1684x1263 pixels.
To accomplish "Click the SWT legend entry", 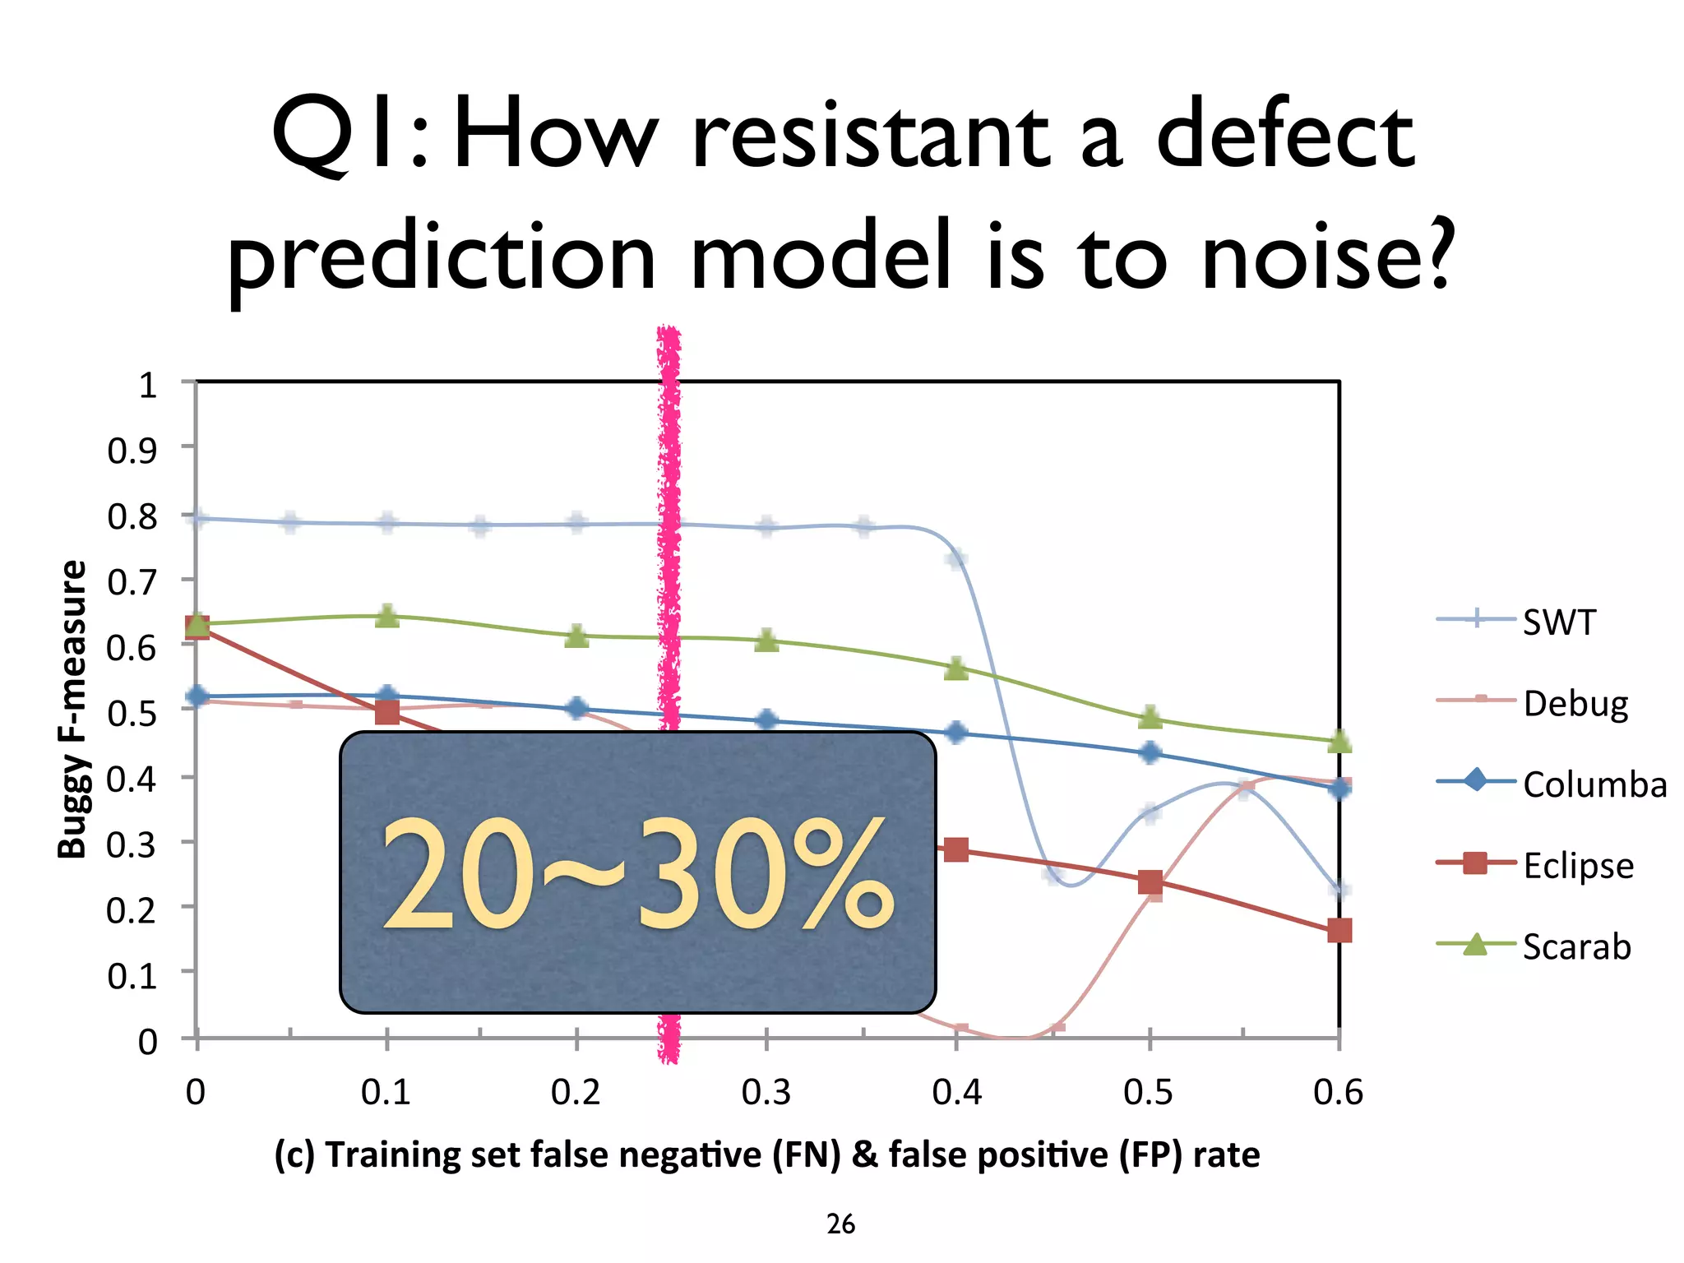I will (x=1558, y=622).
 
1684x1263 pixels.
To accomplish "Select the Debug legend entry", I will (x=1575, y=704).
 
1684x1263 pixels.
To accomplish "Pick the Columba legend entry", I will (x=1594, y=784).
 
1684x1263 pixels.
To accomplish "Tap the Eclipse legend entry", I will (x=1577, y=866).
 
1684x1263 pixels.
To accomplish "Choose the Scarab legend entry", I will (x=1575, y=946).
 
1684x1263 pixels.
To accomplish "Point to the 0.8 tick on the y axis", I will (x=132, y=516).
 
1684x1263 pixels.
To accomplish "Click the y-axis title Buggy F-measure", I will (x=72, y=710).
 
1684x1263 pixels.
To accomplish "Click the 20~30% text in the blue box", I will (x=637, y=874).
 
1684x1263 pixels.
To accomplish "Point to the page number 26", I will (x=840, y=1224).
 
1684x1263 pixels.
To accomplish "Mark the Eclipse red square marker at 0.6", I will (x=1339, y=931).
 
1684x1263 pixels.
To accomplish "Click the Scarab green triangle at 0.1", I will (x=387, y=617).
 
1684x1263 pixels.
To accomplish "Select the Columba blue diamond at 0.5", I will (x=1150, y=752).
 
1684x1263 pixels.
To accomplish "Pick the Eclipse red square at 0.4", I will (x=955, y=850).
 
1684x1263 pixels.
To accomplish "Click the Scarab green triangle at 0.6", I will (x=1339, y=742).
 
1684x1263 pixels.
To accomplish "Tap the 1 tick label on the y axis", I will (x=147, y=385).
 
